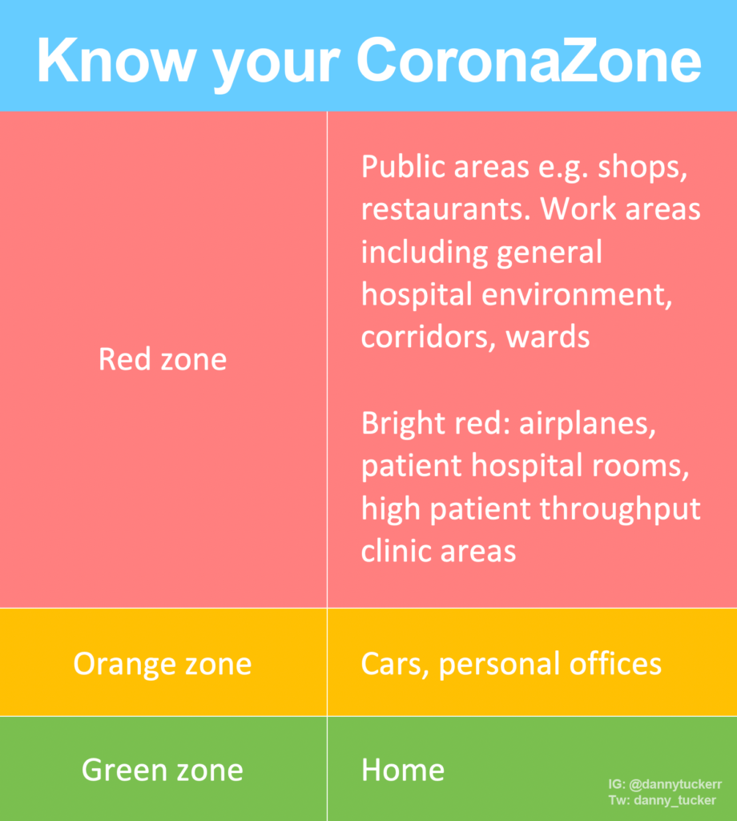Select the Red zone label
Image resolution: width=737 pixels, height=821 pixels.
click(163, 359)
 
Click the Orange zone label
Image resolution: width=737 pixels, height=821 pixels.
click(163, 664)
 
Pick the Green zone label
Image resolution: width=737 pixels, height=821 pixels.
click(163, 770)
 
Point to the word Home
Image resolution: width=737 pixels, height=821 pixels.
click(403, 770)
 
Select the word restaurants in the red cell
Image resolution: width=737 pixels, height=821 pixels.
click(444, 210)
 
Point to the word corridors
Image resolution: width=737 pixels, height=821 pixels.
click(426, 338)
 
